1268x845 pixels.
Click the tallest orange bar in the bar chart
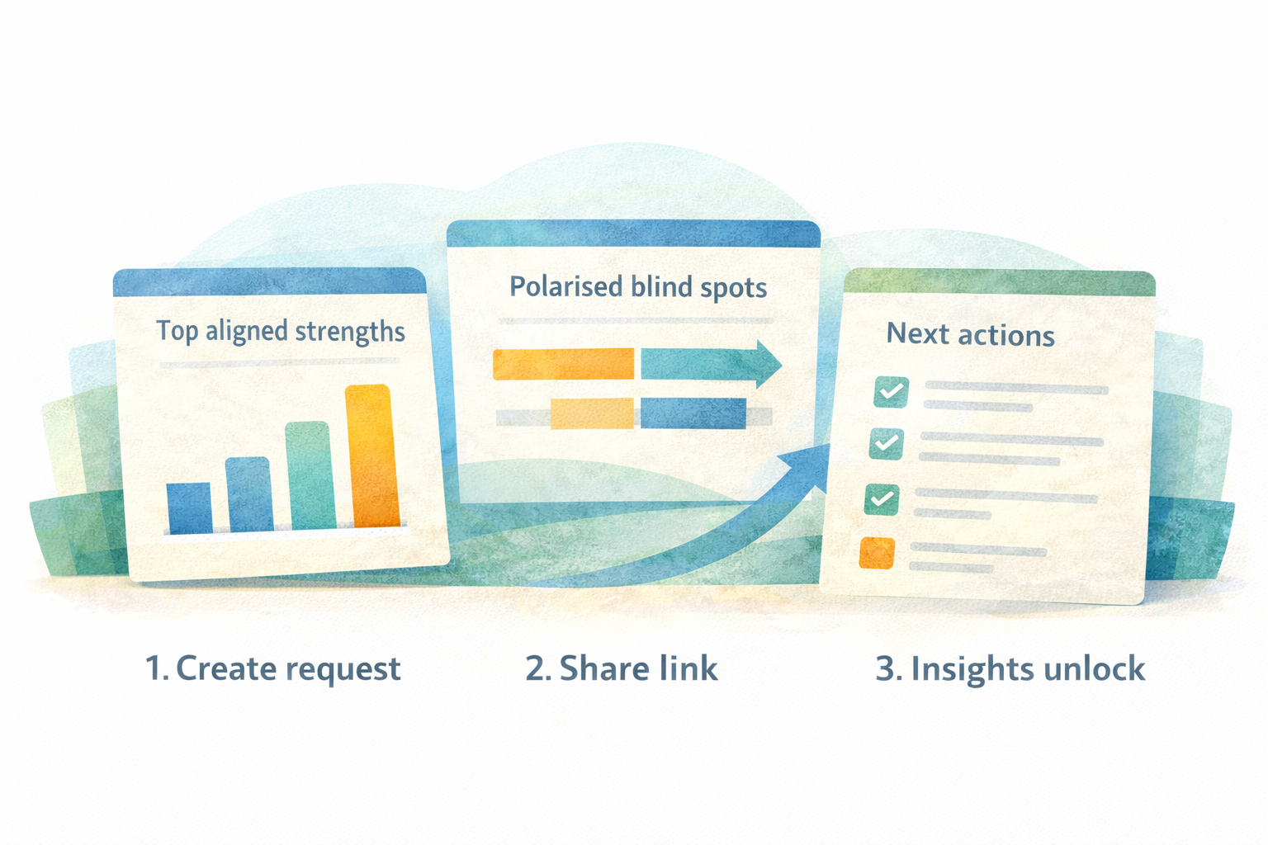point(373,456)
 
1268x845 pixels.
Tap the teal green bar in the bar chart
point(310,476)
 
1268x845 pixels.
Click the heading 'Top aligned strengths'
point(281,331)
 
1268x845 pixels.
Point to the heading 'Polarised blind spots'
point(638,287)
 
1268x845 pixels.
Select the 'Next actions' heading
point(970,335)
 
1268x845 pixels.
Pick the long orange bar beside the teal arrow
point(563,364)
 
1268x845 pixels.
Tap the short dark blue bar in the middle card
point(693,413)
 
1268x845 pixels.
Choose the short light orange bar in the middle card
point(591,413)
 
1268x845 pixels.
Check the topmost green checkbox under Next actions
point(891,392)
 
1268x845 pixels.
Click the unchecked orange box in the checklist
point(877,553)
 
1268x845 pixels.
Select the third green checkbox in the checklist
point(882,499)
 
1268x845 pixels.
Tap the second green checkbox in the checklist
point(886,444)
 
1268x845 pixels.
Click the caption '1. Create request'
point(272,668)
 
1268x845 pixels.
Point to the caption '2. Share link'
point(622,668)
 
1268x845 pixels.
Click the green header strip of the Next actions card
point(999,282)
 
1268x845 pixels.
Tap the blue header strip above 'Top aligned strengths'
point(269,282)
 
